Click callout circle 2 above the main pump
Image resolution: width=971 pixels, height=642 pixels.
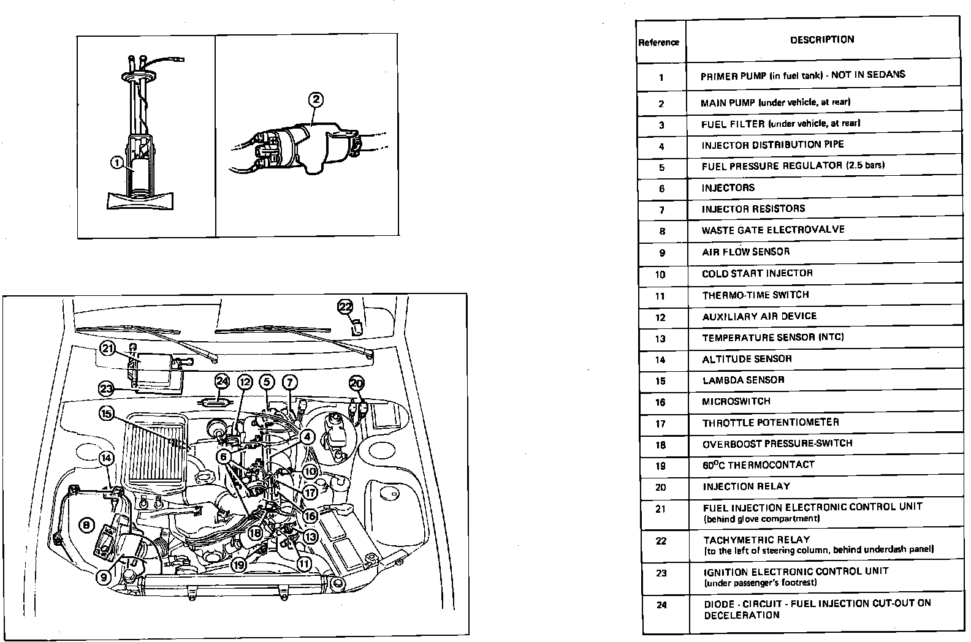tap(316, 99)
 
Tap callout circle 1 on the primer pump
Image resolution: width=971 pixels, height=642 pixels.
tap(117, 162)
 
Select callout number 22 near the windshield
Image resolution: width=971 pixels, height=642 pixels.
tap(346, 306)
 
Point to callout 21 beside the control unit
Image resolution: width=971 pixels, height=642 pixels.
tap(108, 349)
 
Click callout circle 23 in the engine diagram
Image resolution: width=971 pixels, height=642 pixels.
tap(107, 388)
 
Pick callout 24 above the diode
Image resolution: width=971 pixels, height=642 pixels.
tap(222, 382)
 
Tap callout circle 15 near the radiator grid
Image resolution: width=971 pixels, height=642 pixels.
tap(107, 414)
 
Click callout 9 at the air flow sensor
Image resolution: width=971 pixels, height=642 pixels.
tap(104, 576)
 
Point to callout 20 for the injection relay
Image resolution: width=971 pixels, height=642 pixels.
tap(357, 383)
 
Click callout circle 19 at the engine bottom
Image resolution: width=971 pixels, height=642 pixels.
tap(239, 564)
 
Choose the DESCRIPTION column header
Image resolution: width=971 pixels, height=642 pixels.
tap(821, 40)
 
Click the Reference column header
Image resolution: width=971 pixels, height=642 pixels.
tap(659, 42)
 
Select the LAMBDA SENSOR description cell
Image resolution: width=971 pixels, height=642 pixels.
tap(743, 380)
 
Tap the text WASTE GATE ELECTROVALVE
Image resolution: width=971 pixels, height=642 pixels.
tap(773, 230)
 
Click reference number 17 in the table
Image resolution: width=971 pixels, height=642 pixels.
tap(660, 423)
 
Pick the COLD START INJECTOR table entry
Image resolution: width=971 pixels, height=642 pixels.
tap(757, 273)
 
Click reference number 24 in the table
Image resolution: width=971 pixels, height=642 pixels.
tap(661, 605)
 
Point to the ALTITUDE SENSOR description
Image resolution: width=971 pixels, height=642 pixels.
tap(747, 358)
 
